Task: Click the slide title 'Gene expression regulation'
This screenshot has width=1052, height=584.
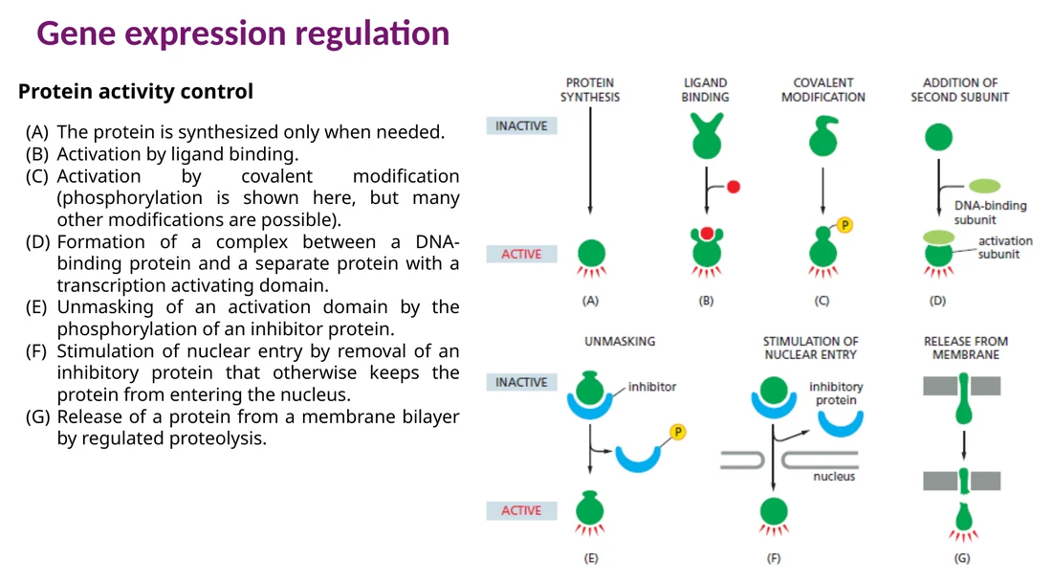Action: [243, 34]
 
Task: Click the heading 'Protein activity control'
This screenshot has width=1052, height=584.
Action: [136, 91]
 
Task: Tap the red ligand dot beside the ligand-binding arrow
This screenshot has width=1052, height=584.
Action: [734, 187]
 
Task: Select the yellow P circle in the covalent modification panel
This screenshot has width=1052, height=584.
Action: [844, 225]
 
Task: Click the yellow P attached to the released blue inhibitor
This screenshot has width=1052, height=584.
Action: [678, 432]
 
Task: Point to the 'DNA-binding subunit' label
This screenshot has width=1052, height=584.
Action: [990, 213]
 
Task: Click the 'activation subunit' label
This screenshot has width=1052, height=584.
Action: [1004, 247]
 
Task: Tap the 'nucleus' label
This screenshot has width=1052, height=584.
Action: [834, 476]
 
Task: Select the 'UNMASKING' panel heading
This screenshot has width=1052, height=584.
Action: [620, 341]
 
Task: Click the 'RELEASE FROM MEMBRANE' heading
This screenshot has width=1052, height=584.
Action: [966, 348]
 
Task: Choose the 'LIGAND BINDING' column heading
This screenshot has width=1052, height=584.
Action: [705, 90]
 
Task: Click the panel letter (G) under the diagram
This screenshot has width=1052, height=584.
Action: [962, 558]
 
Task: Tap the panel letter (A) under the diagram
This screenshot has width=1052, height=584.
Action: [590, 301]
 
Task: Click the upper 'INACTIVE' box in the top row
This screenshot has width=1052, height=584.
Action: [521, 125]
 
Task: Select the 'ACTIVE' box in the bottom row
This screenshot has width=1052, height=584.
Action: [521, 510]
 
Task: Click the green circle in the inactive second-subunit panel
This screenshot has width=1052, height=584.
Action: [938, 137]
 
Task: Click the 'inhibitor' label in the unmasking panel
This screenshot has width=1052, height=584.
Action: [652, 387]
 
